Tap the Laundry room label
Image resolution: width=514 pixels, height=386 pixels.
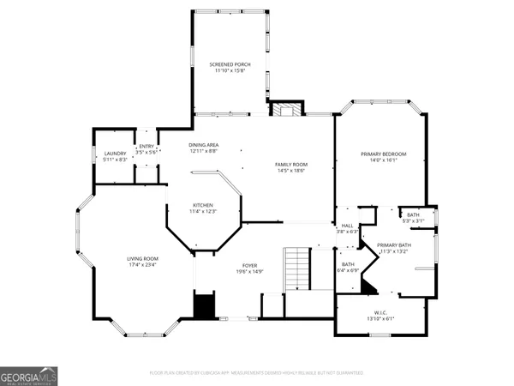pos(115,154)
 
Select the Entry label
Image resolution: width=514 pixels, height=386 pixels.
pos(146,146)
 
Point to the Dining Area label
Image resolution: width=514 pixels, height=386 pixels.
pos(204,145)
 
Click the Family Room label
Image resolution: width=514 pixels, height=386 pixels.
pos(291,164)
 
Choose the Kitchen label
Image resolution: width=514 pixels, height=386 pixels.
pos(202,205)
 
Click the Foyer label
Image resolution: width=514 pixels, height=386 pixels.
pos(248,267)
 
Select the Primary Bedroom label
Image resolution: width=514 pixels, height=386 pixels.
pos(383,154)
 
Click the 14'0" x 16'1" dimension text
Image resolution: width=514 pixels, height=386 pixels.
pos(383,160)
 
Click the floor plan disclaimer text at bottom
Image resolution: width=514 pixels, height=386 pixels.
pos(256,373)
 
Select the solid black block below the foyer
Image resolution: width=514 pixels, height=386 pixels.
pos(204,305)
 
